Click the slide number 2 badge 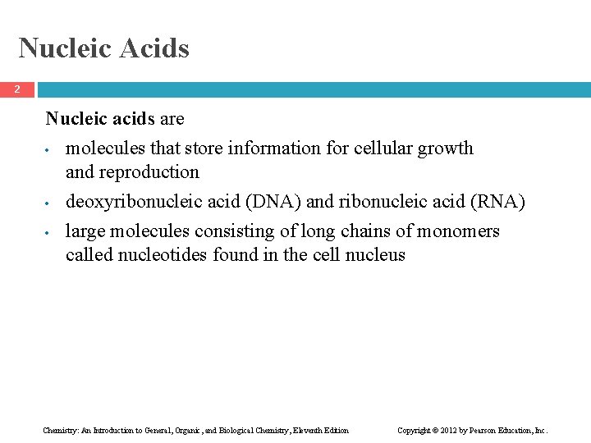(x=16, y=89)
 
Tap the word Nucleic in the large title (x=65, y=48)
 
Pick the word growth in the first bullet (x=447, y=148)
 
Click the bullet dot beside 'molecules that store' (x=50, y=151)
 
